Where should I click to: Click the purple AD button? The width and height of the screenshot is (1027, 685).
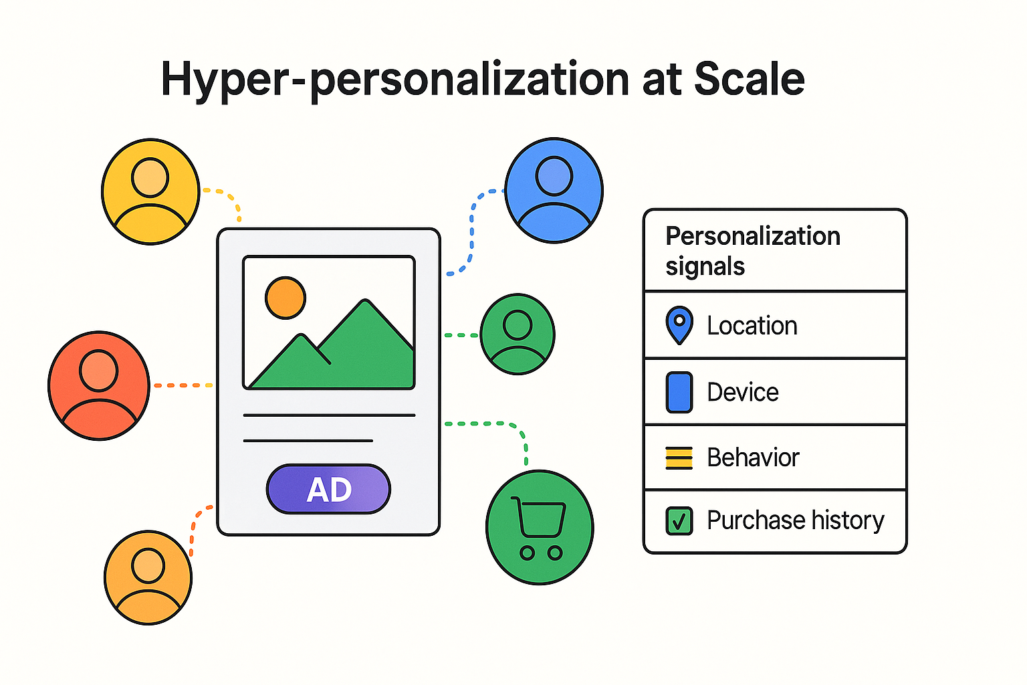point(328,489)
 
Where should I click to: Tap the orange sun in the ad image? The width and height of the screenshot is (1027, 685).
point(286,298)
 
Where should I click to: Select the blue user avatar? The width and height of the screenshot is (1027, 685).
point(554,191)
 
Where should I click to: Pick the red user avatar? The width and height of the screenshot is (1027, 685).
point(99,386)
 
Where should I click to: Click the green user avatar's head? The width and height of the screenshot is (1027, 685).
point(518,325)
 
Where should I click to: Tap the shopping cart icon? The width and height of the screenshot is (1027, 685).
point(540,528)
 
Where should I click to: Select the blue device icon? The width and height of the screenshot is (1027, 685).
point(679,392)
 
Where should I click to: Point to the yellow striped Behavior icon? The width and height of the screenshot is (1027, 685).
point(679,458)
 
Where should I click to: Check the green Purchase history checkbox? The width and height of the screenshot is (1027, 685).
point(679,520)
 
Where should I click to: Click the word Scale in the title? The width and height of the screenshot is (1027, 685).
point(749,79)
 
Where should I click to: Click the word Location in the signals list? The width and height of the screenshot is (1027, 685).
point(752,326)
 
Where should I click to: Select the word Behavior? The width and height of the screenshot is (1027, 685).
point(754,458)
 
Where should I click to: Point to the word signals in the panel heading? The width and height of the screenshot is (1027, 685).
point(705,266)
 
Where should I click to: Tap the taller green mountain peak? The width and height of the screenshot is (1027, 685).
point(365,302)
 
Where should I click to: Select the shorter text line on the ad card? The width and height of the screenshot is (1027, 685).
point(308,441)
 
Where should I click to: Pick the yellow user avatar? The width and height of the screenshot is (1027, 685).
point(150,191)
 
